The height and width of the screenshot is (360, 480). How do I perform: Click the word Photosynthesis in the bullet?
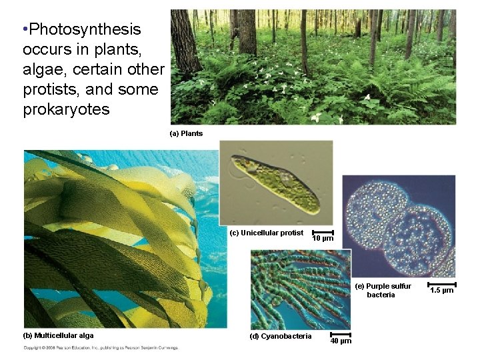pyautogui.click(x=85, y=29)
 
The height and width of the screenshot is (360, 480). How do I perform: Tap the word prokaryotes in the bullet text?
pyautogui.click(x=66, y=109)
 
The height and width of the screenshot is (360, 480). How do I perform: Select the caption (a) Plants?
pyautogui.click(x=187, y=133)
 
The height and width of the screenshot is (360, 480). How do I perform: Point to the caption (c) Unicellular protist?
pyautogui.click(x=267, y=233)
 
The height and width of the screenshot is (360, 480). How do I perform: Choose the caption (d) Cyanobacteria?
pyautogui.click(x=280, y=336)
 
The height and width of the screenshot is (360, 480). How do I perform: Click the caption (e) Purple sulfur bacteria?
pyautogui.click(x=383, y=290)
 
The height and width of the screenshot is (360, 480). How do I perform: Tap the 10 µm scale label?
pyautogui.click(x=323, y=238)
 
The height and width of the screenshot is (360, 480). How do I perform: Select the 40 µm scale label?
pyautogui.click(x=341, y=341)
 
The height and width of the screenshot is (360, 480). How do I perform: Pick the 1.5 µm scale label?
pyautogui.click(x=442, y=290)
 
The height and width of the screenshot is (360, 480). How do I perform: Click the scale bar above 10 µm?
pyautogui.click(x=323, y=231)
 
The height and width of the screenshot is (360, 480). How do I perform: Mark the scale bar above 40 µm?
pyautogui.click(x=341, y=334)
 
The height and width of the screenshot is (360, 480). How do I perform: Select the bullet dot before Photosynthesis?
pyautogui.click(x=25, y=29)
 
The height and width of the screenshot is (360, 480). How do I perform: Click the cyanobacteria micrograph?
pyautogui.click(x=300, y=290)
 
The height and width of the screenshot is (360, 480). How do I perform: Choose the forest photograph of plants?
pyautogui.click(x=313, y=67)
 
